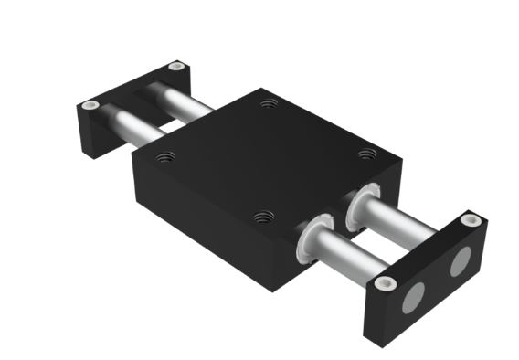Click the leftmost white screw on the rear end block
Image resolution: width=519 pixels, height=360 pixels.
coord(89,105)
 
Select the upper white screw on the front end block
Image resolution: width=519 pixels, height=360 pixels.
coord(471,220)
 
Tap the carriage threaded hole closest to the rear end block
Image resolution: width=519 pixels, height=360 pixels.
coord(267,103)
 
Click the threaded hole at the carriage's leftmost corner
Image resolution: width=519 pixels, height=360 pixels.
coord(165,156)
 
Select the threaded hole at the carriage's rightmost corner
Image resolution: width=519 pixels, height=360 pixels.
coord(366,153)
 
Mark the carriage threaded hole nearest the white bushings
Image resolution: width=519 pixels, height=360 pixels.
coord(263,217)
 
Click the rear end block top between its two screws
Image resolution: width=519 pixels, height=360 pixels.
coord(133,86)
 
